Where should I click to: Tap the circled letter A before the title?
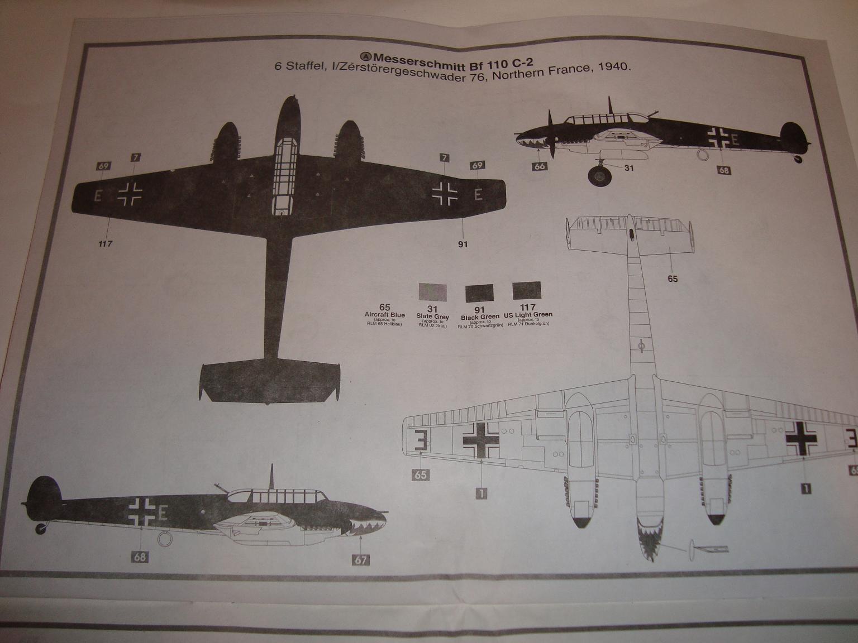click(x=366, y=56)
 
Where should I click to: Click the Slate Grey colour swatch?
click(x=433, y=291)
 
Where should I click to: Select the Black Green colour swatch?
click(x=480, y=292)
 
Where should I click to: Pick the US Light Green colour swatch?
click(x=527, y=291)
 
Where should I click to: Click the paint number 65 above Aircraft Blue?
click(x=384, y=307)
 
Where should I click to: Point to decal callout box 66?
click(x=539, y=166)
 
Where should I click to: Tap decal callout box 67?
click(x=361, y=559)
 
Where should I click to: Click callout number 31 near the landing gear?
click(x=628, y=167)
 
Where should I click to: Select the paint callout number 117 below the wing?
click(x=106, y=243)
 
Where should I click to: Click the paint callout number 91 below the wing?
click(x=463, y=243)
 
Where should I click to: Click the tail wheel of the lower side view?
click(x=40, y=527)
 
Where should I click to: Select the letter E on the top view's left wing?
click(x=98, y=195)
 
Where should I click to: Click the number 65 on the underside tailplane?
click(x=673, y=279)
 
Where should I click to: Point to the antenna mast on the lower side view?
click(x=271, y=476)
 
